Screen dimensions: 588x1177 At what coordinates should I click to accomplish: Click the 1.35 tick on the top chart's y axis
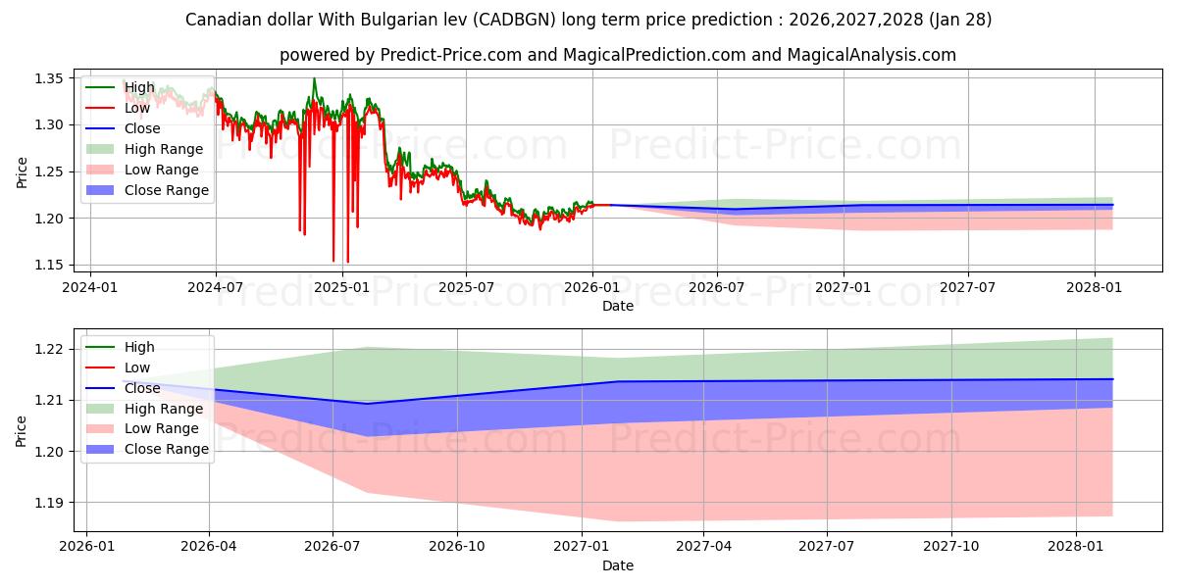point(50,78)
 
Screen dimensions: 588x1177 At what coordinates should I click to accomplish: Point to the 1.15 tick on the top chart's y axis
point(50,265)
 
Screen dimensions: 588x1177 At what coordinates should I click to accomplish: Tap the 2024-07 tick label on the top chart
point(215,287)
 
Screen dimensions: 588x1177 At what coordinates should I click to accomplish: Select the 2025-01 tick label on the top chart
point(341,287)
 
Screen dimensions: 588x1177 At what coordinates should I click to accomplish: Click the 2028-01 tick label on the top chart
point(1095,287)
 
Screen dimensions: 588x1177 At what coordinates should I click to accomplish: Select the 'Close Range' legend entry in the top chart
point(166,190)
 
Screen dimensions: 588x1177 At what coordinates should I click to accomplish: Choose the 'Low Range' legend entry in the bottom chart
point(161,428)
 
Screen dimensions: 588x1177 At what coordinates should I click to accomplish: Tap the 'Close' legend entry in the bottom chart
point(143,388)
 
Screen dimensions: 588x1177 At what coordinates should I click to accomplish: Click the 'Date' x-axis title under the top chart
point(618,306)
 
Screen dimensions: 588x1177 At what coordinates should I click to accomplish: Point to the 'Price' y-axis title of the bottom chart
point(22,430)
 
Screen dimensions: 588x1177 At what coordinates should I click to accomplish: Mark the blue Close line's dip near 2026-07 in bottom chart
point(367,404)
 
